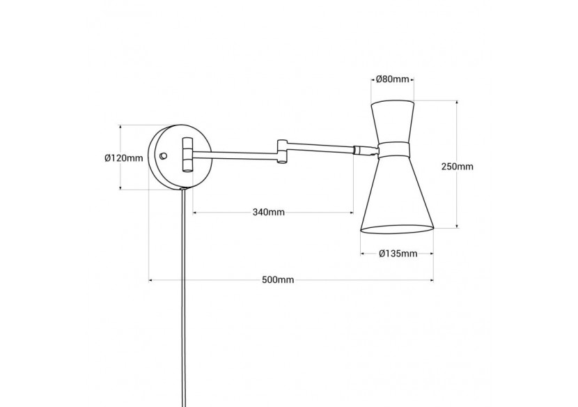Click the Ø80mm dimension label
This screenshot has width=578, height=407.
(393, 79)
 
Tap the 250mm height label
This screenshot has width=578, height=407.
(458, 167)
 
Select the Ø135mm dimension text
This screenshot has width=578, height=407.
(398, 253)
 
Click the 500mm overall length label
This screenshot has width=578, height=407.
(278, 280)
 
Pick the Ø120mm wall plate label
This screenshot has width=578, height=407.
(123, 158)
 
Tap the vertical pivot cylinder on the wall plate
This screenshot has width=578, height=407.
(187, 154)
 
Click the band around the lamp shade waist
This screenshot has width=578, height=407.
(394, 148)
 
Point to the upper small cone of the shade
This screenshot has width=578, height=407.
(393, 122)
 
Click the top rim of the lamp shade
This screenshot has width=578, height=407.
(393, 102)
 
